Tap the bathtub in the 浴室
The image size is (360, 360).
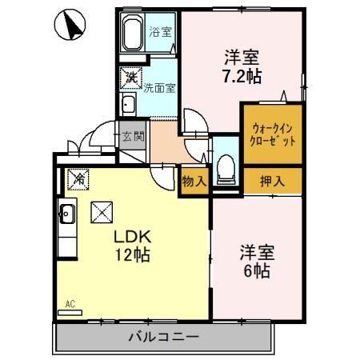tap(134, 34)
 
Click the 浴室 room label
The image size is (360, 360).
tap(160, 33)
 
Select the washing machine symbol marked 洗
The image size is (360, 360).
tap(129, 78)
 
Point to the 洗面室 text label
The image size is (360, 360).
tap(159, 89)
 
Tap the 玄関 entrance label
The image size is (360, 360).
tap(133, 136)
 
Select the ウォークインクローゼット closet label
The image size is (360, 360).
tap(274, 134)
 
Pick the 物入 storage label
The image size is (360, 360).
tap(194, 182)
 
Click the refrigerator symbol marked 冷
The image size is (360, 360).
tap(78, 180)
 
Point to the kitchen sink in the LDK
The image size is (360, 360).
tap(67, 214)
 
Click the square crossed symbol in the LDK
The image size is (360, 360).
tap(102, 212)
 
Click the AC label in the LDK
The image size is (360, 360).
tap(70, 304)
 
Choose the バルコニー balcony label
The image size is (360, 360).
tap(163, 337)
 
